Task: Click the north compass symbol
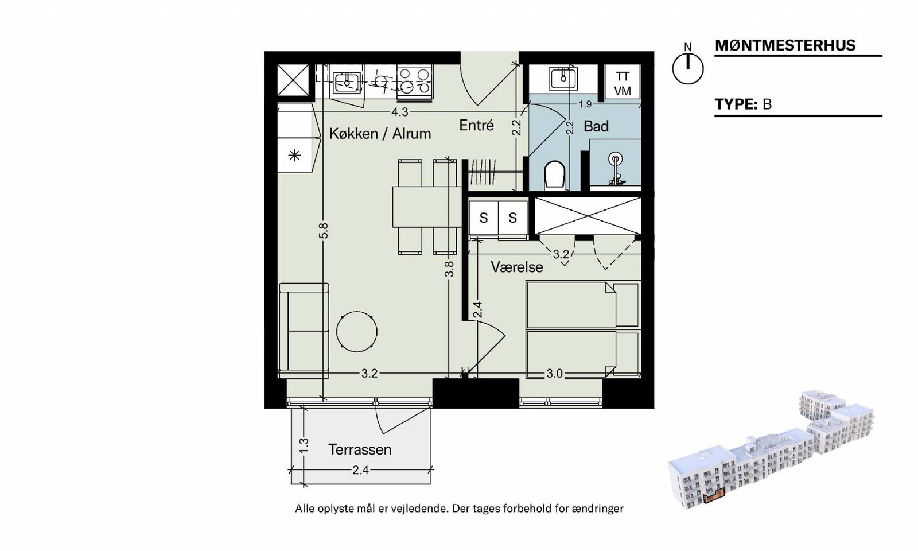[x=688, y=68]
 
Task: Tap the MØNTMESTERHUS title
[x=785, y=45]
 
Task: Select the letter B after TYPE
[x=767, y=104]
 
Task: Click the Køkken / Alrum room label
[x=380, y=134]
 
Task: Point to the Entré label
[x=476, y=125]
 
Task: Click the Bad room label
[x=596, y=126]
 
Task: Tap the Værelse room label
[x=517, y=267]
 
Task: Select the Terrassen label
[x=360, y=450]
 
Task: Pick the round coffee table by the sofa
[x=356, y=332]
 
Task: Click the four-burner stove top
[x=415, y=81]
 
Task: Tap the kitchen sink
[x=347, y=82]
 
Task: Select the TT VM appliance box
[x=623, y=83]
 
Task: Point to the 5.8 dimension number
[x=324, y=230]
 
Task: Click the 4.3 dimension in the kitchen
[x=399, y=112]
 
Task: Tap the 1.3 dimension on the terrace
[x=304, y=446]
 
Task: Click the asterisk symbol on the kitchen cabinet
[x=295, y=156]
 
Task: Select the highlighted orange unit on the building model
[x=714, y=496]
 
